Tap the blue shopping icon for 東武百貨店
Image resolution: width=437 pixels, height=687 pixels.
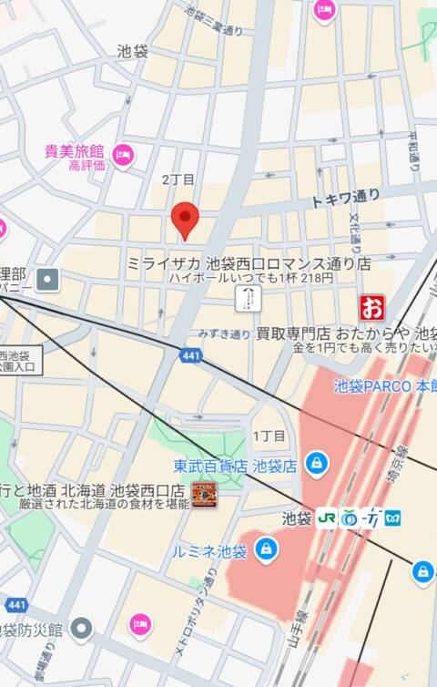click(x=315, y=465)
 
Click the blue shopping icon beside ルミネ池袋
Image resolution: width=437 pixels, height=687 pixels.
click(x=266, y=549)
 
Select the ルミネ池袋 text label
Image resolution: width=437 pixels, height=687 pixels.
click(x=209, y=551)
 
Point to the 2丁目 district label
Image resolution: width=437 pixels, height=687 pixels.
click(x=178, y=179)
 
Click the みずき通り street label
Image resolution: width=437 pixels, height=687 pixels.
click(x=223, y=334)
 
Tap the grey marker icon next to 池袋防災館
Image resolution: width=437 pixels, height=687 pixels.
click(x=82, y=628)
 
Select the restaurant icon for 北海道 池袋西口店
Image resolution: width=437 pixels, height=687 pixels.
click(x=203, y=497)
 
